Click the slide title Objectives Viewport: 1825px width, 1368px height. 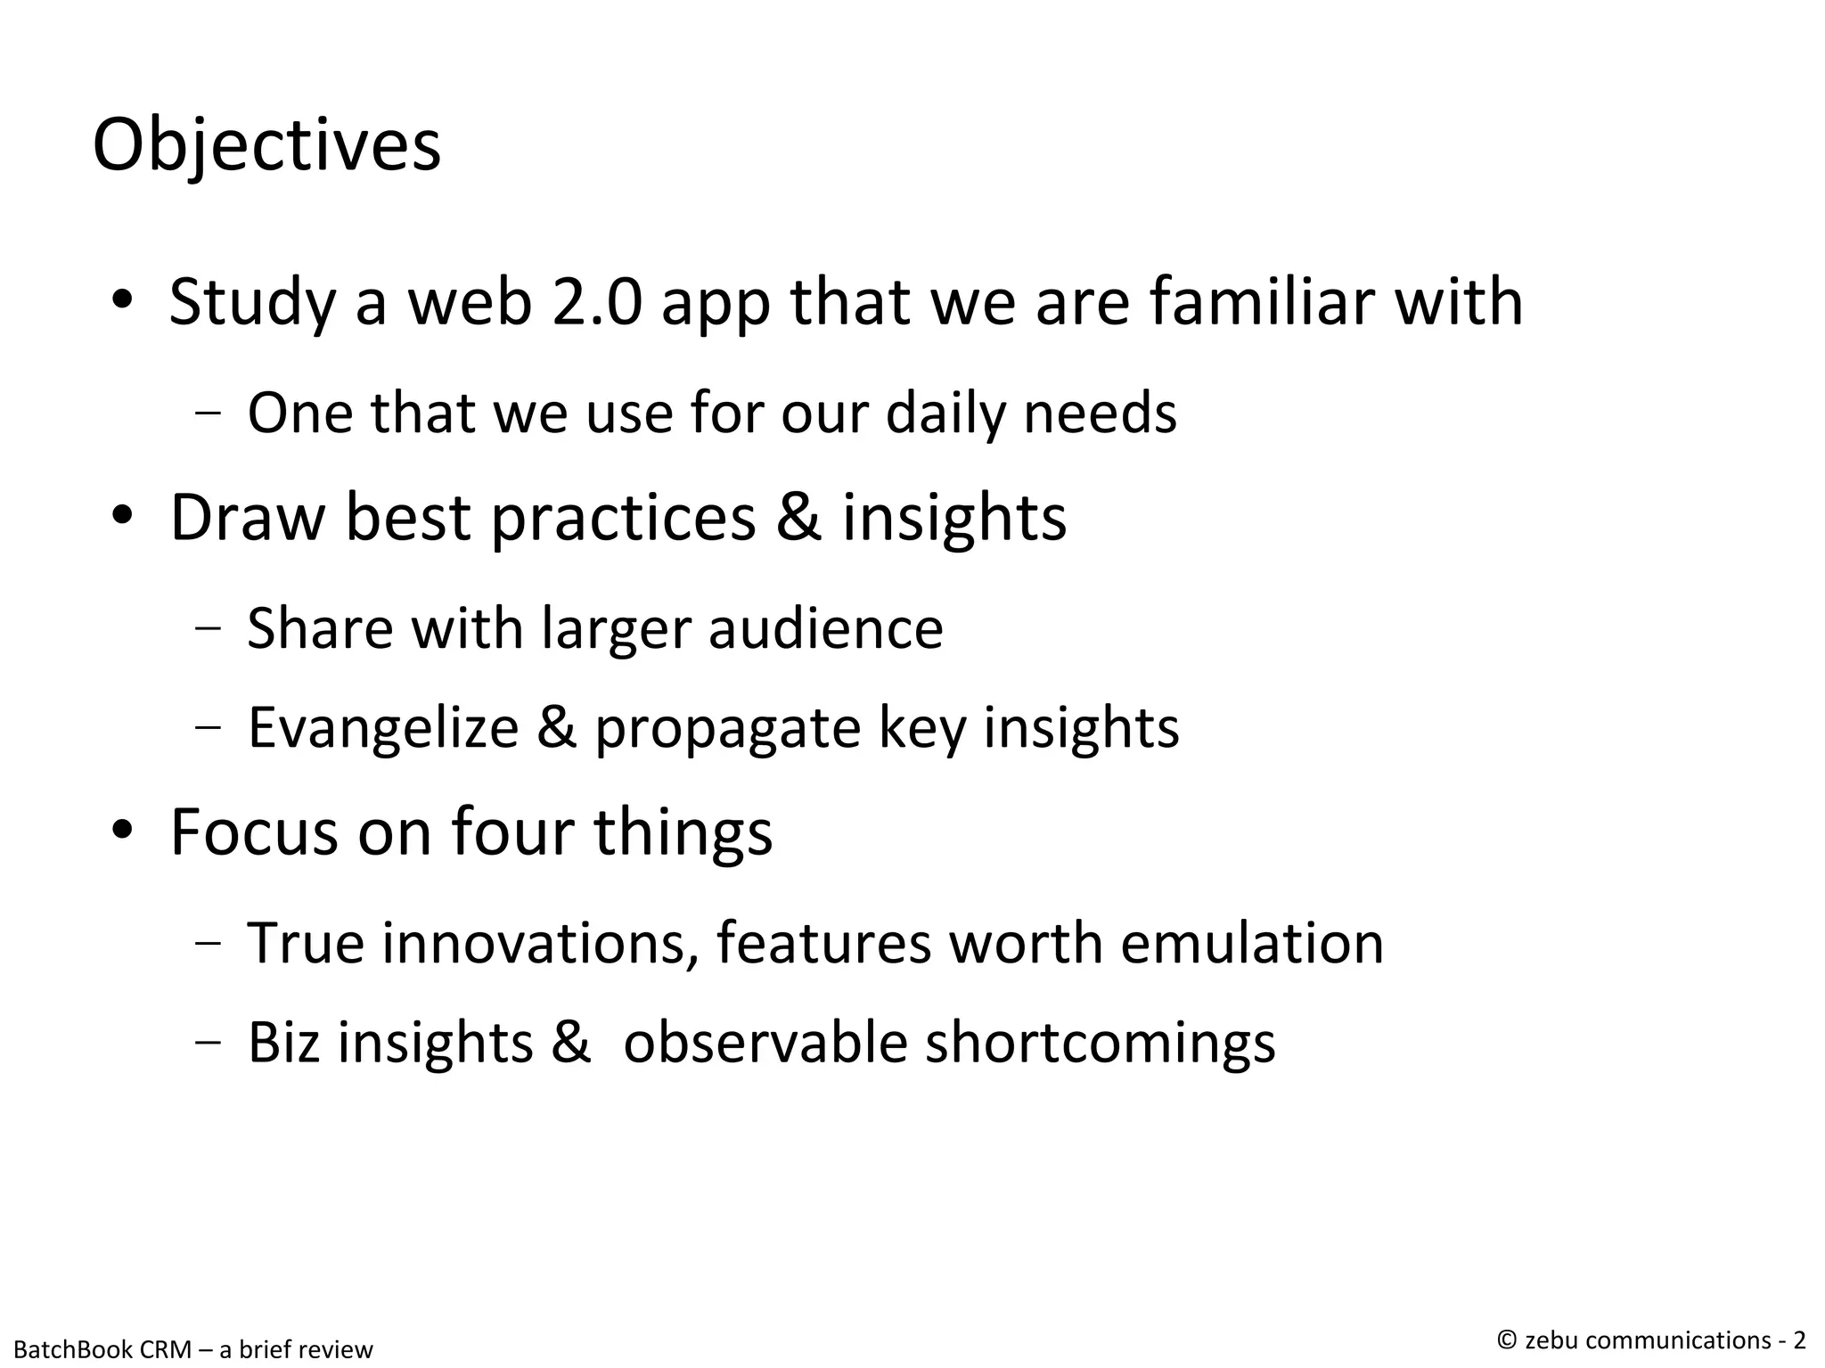coord(266,145)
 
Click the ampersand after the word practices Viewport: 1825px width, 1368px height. coord(798,517)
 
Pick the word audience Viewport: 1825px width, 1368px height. coord(825,628)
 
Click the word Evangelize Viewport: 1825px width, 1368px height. coord(383,727)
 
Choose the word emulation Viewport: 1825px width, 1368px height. coord(1251,943)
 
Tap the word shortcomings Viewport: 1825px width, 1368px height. coord(1100,1044)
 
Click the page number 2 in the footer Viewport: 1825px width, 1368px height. coord(1799,1340)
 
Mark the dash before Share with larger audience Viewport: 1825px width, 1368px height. coord(207,627)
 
